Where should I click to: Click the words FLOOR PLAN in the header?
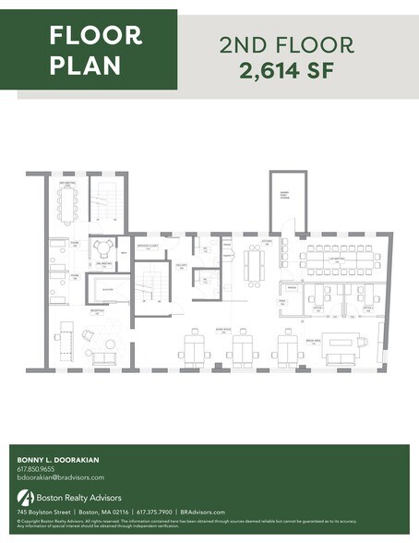[x=95, y=50]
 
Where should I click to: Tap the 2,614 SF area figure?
[x=288, y=71]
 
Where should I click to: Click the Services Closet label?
[x=145, y=246]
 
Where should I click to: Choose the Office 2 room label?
[x=366, y=308]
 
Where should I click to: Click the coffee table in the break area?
[x=343, y=345]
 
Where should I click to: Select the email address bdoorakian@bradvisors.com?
[x=60, y=477]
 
